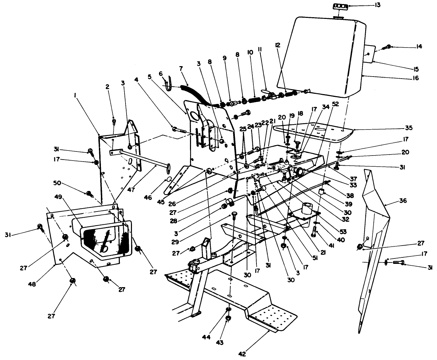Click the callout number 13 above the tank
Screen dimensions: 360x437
click(x=358, y=5)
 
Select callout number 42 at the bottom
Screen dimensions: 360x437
click(x=242, y=354)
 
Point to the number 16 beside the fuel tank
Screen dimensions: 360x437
click(x=415, y=78)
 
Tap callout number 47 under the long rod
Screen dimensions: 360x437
click(x=131, y=190)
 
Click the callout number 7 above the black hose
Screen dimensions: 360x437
click(x=181, y=68)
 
